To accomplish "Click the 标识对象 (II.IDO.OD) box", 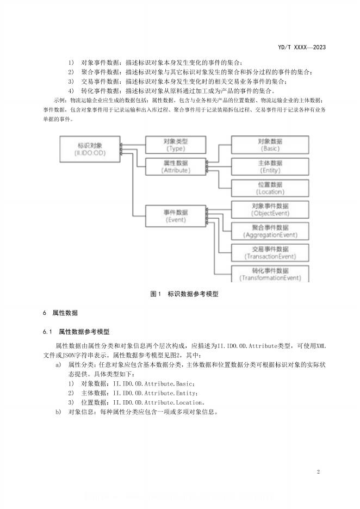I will pyautogui.click(x=90, y=150).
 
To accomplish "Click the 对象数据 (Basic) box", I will pyautogui.click(x=270, y=144).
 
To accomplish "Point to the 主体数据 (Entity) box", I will pyautogui.click(x=270, y=166).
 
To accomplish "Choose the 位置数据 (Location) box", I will pyautogui.click(x=270, y=188).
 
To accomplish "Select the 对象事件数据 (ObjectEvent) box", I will pyautogui.click(x=270, y=209).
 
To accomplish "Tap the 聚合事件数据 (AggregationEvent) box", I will pyautogui.click(x=270, y=231).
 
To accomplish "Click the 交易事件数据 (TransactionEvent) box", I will pyautogui.click(x=270, y=252).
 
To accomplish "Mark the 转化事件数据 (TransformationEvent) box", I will pyautogui.click(x=270, y=274).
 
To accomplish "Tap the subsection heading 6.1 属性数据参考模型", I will pyautogui.click(x=77, y=331).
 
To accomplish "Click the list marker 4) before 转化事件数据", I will pyautogui.click(x=71, y=90).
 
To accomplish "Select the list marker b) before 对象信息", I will pyautogui.click(x=58, y=412).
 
